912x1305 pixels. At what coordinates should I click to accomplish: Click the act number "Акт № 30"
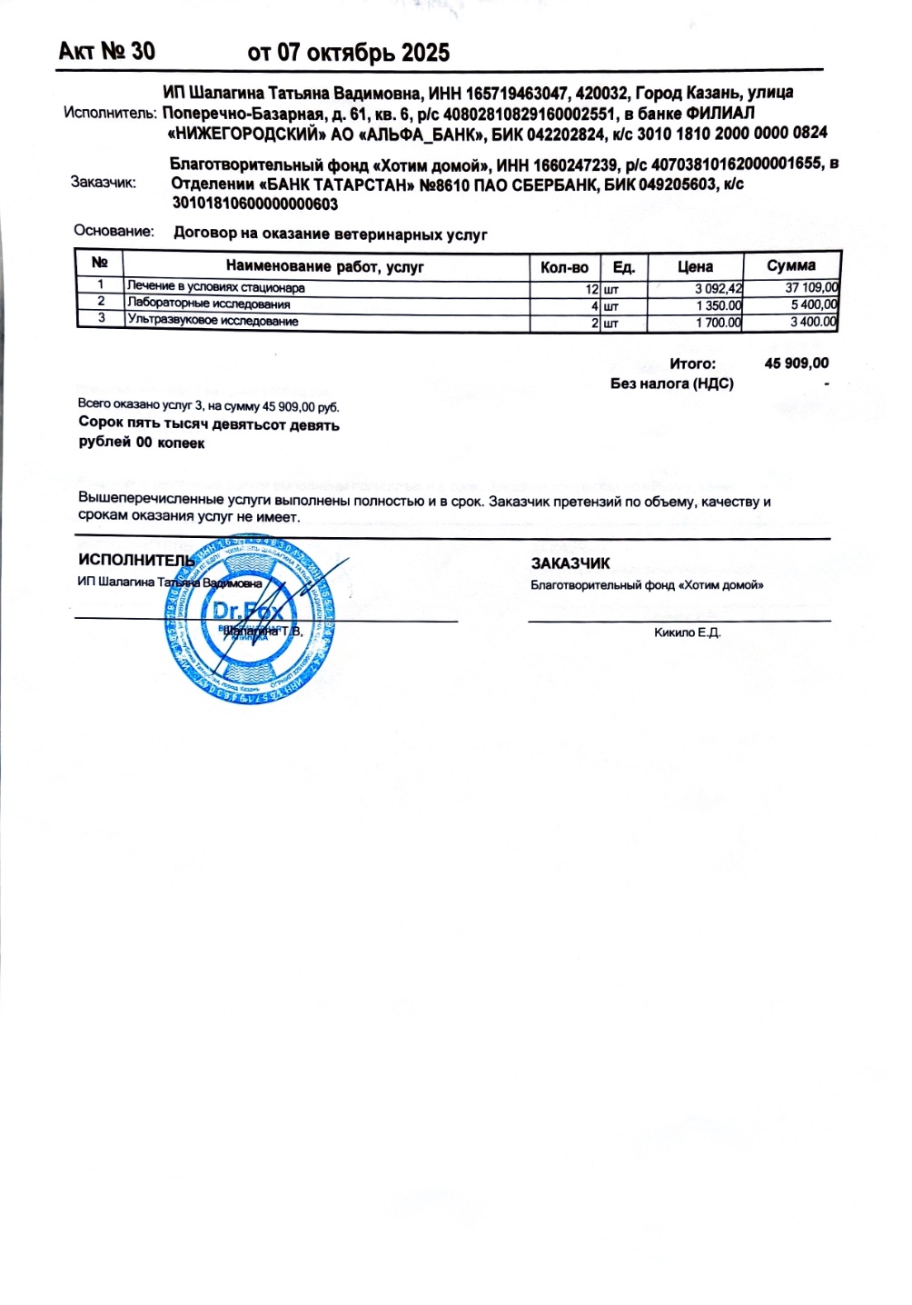(106, 51)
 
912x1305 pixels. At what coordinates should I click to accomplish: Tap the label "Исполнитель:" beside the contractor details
(111, 114)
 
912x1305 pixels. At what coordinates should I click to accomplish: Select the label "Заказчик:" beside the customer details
(104, 183)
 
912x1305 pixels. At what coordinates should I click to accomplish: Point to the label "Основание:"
(114, 232)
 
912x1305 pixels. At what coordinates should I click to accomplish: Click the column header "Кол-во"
(564, 267)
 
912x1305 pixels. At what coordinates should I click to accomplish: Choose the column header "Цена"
(695, 267)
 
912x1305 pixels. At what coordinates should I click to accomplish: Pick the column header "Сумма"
(790, 266)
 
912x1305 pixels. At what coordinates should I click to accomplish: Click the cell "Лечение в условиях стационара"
(216, 288)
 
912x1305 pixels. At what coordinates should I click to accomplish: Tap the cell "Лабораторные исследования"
(209, 304)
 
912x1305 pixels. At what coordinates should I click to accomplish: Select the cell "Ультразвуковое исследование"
(213, 321)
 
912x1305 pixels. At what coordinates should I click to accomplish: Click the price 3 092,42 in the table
(719, 289)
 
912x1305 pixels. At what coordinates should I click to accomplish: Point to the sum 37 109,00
(811, 288)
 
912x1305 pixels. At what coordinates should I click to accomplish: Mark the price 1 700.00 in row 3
(719, 323)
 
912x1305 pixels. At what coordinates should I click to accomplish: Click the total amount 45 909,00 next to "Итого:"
(797, 364)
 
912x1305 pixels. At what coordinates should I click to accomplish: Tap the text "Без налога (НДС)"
(672, 384)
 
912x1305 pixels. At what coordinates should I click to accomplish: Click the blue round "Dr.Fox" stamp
(248, 621)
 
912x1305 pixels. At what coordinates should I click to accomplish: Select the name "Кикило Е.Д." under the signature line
(687, 633)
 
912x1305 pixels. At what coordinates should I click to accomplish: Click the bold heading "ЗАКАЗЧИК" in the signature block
(570, 563)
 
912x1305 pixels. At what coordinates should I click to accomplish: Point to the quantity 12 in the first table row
(591, 289)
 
